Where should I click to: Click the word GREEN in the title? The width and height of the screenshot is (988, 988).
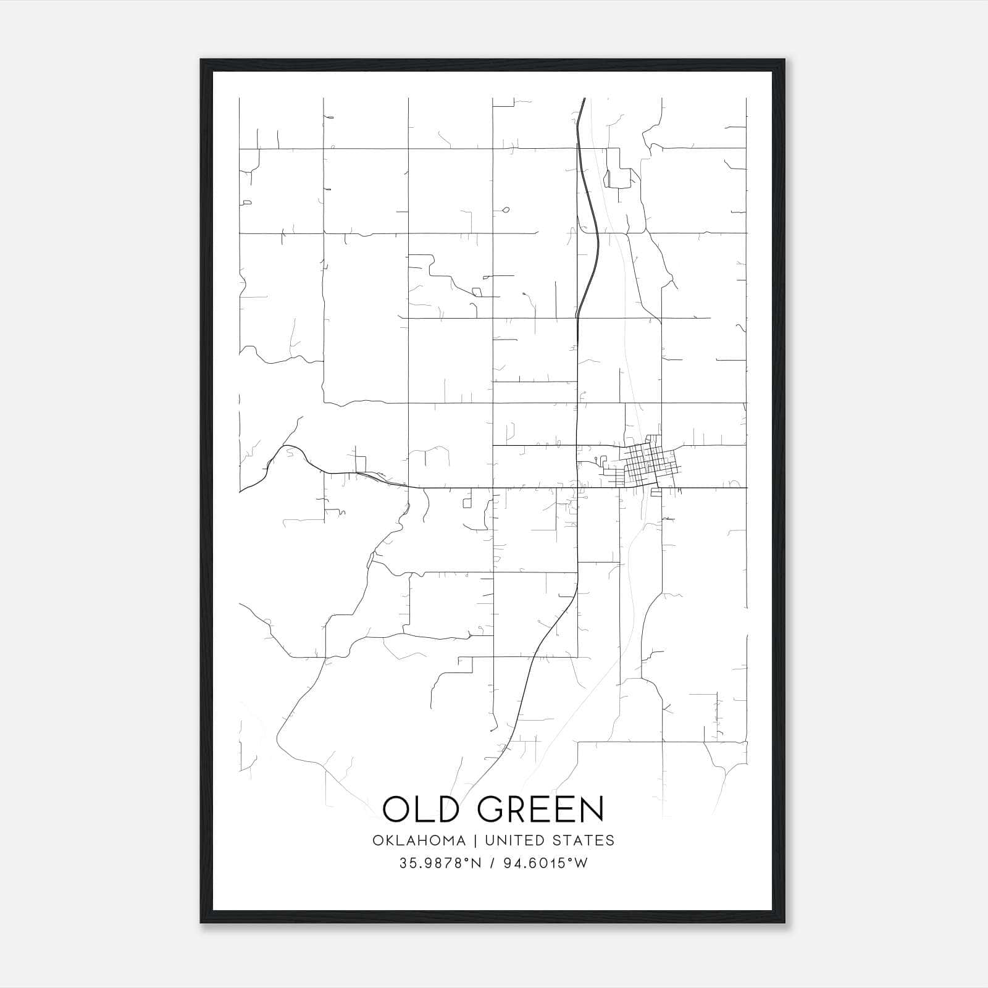(x=540, y=809)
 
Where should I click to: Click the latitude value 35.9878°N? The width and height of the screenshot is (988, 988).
(x=439, y=863)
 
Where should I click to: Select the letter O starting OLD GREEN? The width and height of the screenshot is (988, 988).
(x=398, y=809)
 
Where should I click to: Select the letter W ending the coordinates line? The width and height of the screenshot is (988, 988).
(x=580, y=863)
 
